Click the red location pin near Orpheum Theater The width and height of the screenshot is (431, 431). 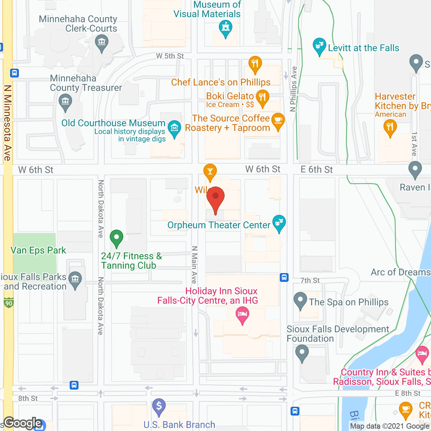(215, 199)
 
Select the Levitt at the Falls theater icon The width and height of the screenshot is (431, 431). (319, 46)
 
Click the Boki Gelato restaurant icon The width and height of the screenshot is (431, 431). (263, 98)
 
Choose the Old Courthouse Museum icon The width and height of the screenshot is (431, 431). (174, 128)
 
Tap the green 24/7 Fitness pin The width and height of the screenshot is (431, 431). (117, 238)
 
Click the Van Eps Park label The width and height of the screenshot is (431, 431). (38, 251)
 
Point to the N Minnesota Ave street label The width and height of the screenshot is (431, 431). (8, 123)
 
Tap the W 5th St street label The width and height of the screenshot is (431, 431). (170, 56)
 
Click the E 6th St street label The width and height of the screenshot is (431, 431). (317, 170)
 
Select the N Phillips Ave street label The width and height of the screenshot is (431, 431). (294, 89)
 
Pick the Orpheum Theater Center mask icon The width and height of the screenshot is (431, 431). (279, 223)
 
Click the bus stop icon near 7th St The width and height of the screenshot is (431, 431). (284, 277)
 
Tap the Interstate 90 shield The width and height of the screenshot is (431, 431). (9, 303)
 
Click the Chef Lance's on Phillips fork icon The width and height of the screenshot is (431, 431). (255, 64)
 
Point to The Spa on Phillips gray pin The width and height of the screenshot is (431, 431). (300, 300)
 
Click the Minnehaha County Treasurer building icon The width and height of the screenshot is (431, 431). (65, 101)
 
